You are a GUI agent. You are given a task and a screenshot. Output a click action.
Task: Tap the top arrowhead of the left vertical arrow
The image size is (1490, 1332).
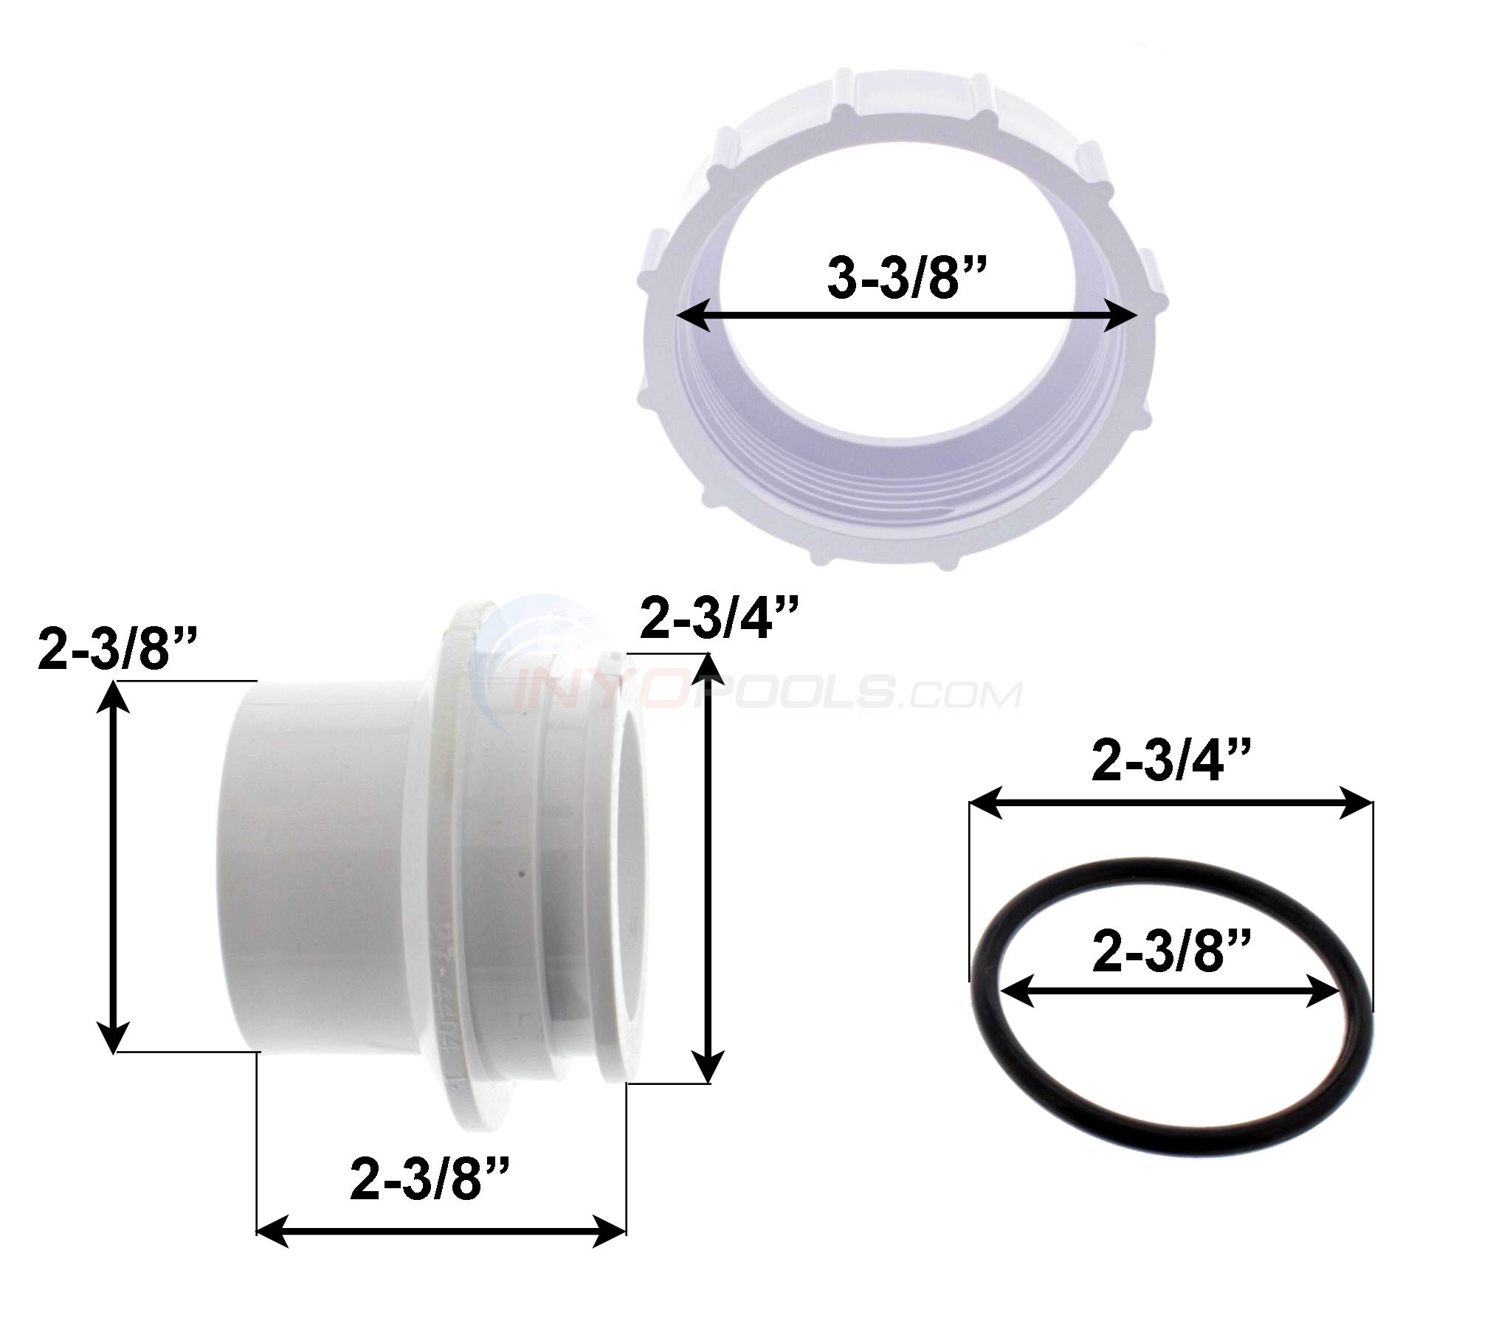click(113, 697)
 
